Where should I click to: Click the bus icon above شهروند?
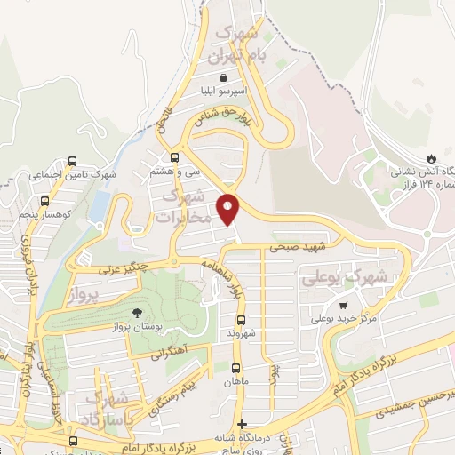(240, 320)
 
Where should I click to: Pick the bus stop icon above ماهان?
(235, 368)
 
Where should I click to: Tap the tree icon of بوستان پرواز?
(137, 313)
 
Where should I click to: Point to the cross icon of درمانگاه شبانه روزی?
(243, 425)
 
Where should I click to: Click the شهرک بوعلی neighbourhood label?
(347, 278)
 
